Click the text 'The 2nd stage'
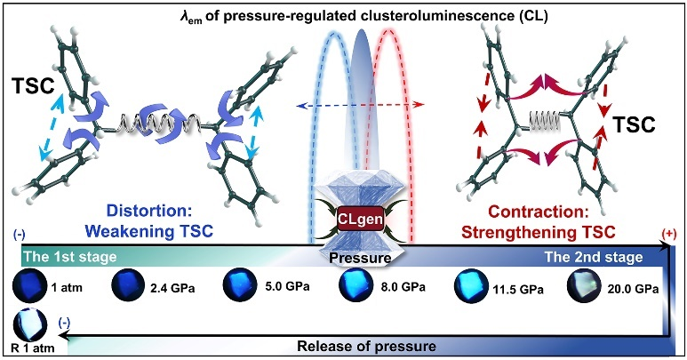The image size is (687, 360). tap(603, 258)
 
